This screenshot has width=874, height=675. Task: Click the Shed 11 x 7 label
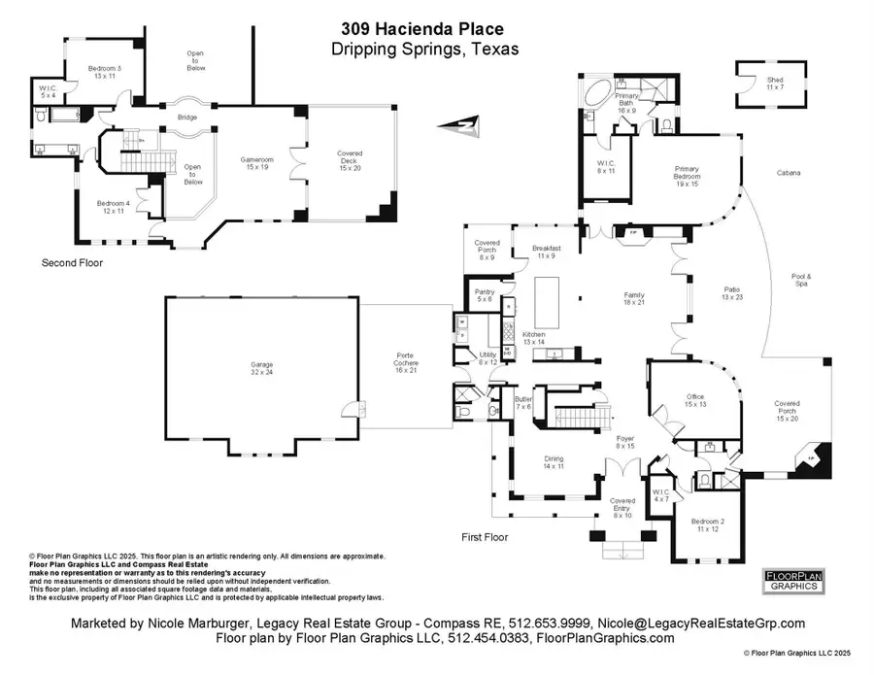pyautogui.click(x=773, y=84)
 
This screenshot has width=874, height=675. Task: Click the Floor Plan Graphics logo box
pyautogui.click(x=791, y=581)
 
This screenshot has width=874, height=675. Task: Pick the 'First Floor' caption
pyautogui.click(x=485, y=536)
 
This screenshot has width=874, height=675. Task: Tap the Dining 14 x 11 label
pyautogui.click(x=554, y=463)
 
